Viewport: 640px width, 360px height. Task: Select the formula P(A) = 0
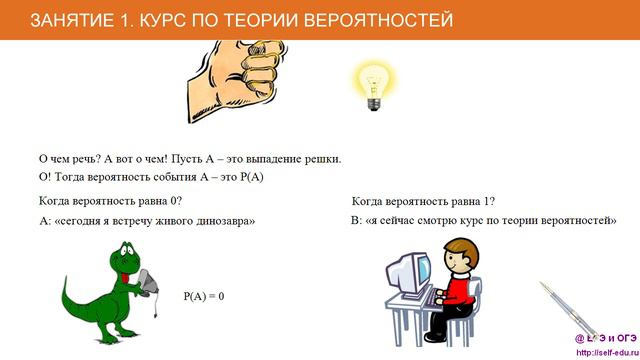tap(204, 297)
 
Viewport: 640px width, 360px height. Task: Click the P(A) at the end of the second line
tap(247, 177)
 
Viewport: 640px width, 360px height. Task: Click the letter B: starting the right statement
tap(356, 220)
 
